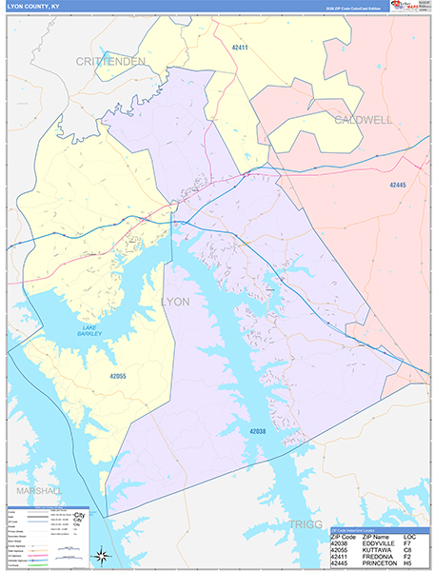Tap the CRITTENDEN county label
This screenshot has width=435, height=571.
tap(110, 62)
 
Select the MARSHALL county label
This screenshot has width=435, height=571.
tap(38, 490)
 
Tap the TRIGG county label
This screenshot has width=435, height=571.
tap(306, 524)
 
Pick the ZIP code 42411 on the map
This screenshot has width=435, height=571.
tap(239, 47)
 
